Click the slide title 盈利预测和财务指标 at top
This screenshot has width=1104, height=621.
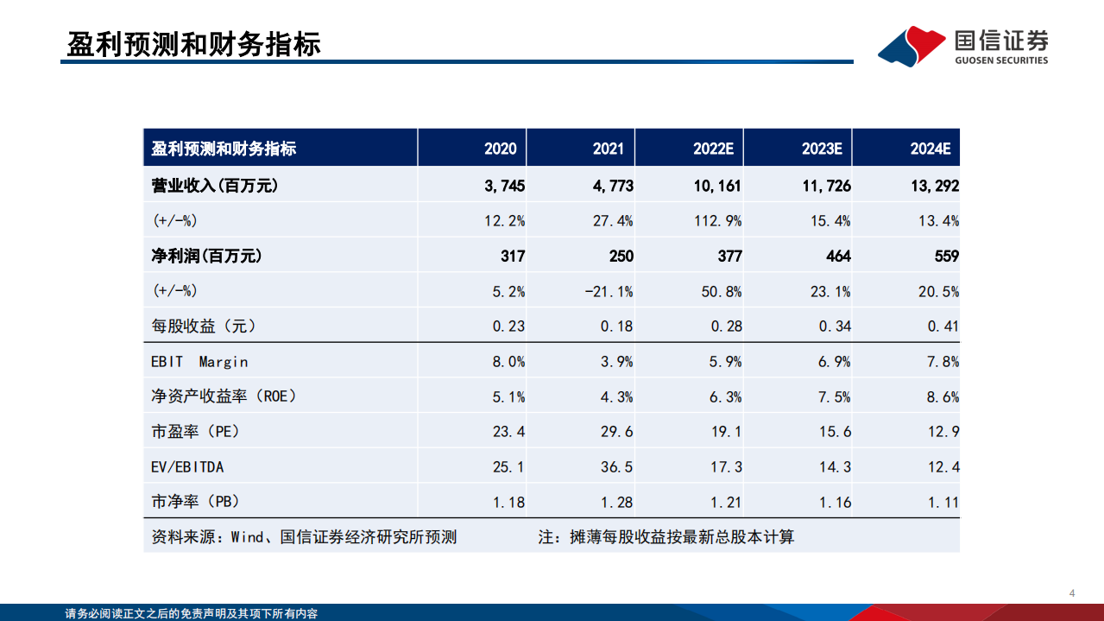[194, 44]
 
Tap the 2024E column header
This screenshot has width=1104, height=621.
[930, 149]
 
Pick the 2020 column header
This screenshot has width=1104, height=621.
[501, 149]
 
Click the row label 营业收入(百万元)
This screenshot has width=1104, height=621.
[215, 185]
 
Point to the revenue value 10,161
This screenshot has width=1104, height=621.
[717, 186]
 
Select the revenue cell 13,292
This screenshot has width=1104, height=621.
[934, 186]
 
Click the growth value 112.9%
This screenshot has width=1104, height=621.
[717, 221]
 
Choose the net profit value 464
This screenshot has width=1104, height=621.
[837, 257]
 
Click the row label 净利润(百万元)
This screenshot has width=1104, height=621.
[206, 257]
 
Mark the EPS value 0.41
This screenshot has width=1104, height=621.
[943, 326]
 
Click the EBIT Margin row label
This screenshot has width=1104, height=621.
[199, 362]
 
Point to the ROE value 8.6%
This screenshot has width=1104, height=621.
[943, 397]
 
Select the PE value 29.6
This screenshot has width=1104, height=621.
[616, 432]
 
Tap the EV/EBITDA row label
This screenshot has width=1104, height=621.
[187, 467]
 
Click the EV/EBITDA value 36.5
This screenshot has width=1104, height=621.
[616, 467]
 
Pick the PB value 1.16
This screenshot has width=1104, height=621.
[834, 502]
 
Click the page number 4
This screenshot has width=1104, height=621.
[1071, 593]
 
